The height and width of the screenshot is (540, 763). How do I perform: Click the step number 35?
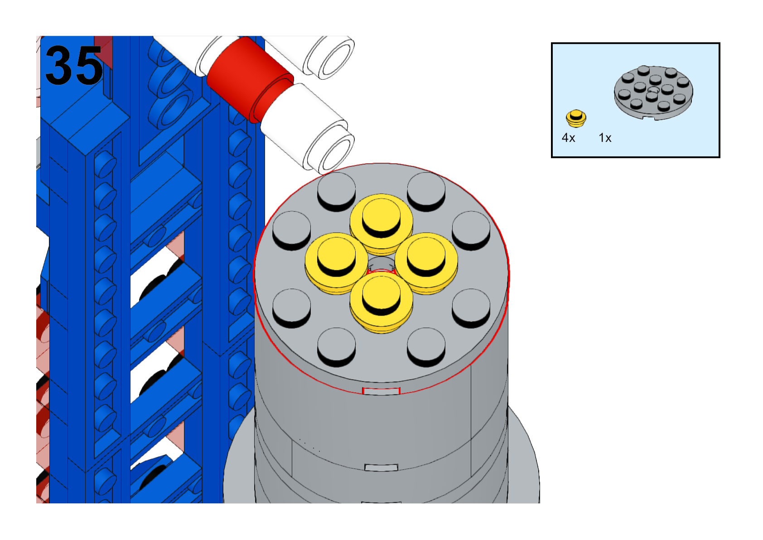click(x=73, y=65)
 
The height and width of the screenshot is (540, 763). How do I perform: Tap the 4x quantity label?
click(x=569, y=138)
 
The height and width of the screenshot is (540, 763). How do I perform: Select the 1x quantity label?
click(x=605, y=138)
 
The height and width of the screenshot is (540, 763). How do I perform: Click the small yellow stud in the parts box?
click(x=576, y=118)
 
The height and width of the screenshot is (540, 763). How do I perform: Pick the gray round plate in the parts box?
click(x=653, y=92)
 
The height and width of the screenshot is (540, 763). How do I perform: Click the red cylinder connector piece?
click(x=250, y=79)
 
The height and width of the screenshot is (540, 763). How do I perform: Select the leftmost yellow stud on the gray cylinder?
click(x=336, y=263)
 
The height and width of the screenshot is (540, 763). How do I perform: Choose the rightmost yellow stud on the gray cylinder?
click(x=426, y=263)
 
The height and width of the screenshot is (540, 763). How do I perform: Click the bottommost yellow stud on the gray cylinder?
click(x=381, y=302)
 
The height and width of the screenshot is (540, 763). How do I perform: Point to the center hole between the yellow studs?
click(x=381, y=264)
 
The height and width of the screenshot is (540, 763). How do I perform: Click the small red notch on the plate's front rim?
click(x=381, y=391)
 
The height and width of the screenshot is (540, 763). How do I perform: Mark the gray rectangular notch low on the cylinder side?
click(x=381, y=467)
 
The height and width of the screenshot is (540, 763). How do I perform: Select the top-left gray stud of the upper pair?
click(x=337, y=191)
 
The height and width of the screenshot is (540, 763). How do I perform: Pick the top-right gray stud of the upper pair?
click(x=426, y=191)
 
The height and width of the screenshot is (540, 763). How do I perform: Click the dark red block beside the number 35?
click(x=104, y=51)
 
